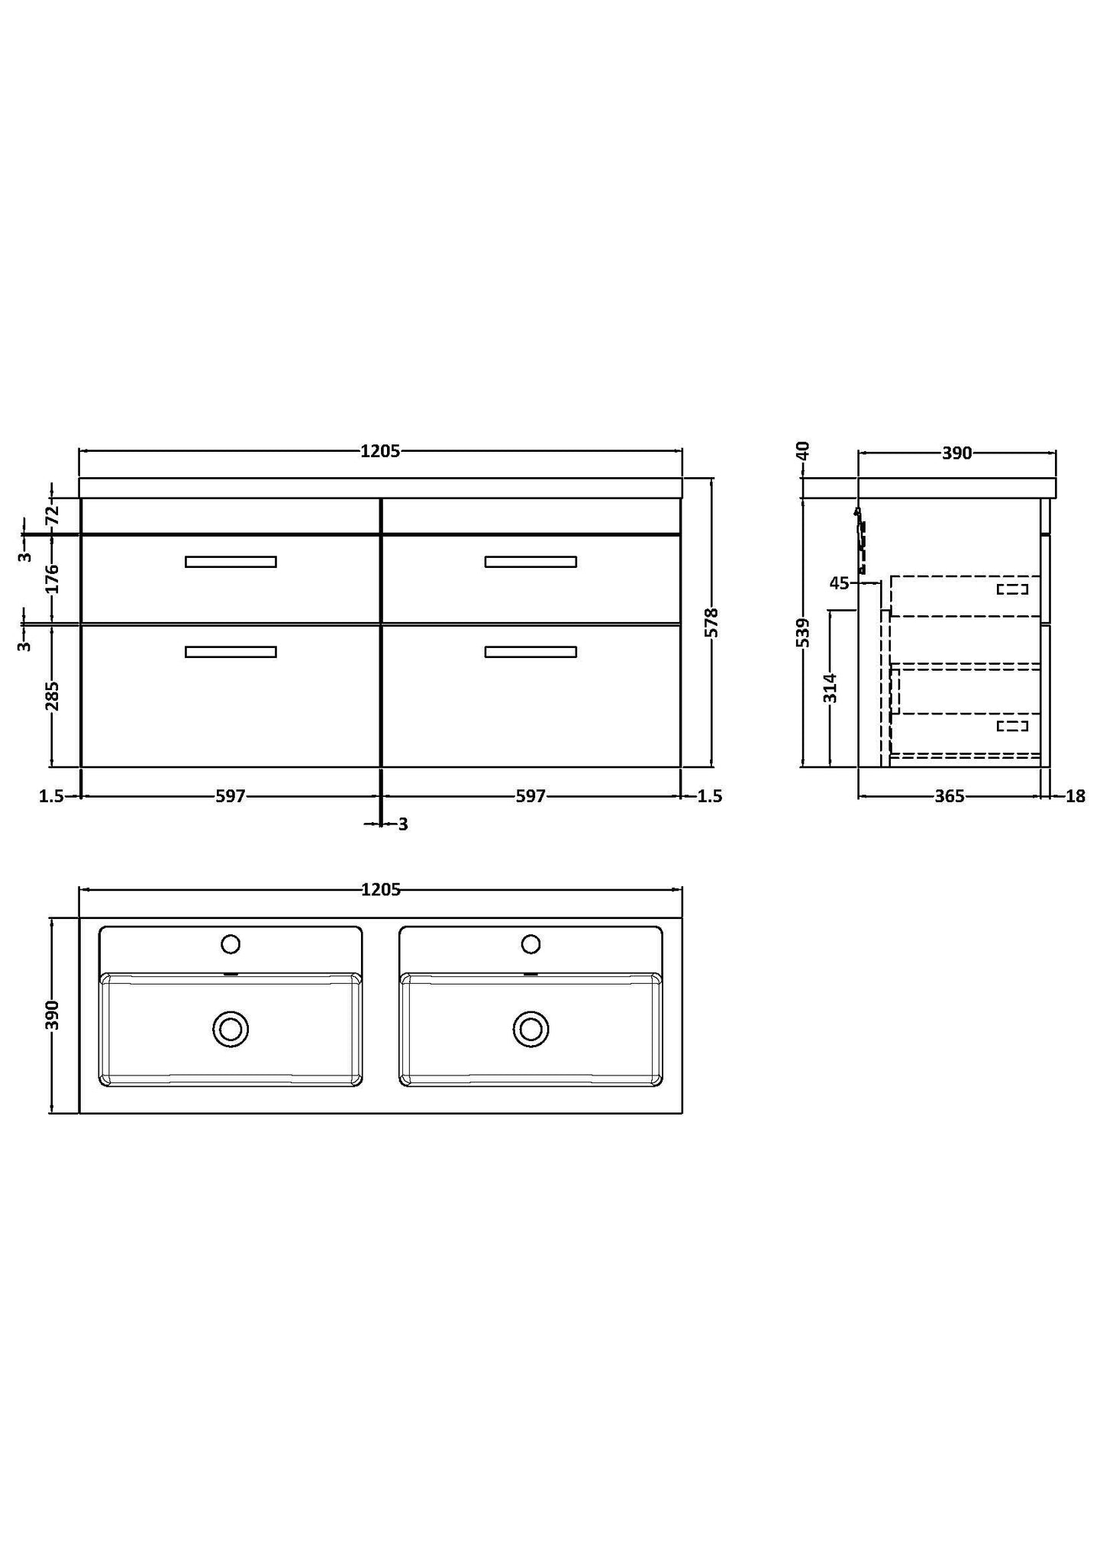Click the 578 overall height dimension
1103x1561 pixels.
pos(712,623)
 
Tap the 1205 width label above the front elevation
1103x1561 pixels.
pos(380,451)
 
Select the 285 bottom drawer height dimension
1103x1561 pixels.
pos(52,695)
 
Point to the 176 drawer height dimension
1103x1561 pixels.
pos(52,579)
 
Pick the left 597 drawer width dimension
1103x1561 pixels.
pos(230,796)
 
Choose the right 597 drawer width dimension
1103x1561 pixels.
pos(531,796)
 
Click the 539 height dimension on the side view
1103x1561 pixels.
pos(802,633)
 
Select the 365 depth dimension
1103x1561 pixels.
pos(950,796)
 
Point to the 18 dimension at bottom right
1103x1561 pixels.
pos(1075,796)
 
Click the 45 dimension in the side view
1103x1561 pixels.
pos(839,583)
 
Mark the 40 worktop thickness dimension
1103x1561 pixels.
pos(802,450)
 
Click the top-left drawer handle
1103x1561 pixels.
pos(231,562)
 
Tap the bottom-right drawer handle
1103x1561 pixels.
pos(531,652)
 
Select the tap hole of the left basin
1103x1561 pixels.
pos(231,944)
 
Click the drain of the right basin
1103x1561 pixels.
pos(531,1028)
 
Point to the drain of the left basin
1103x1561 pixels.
pos(231,1028)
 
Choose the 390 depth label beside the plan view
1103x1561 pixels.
pos(52,1015)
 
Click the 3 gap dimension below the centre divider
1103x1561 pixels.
pos(403,824)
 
